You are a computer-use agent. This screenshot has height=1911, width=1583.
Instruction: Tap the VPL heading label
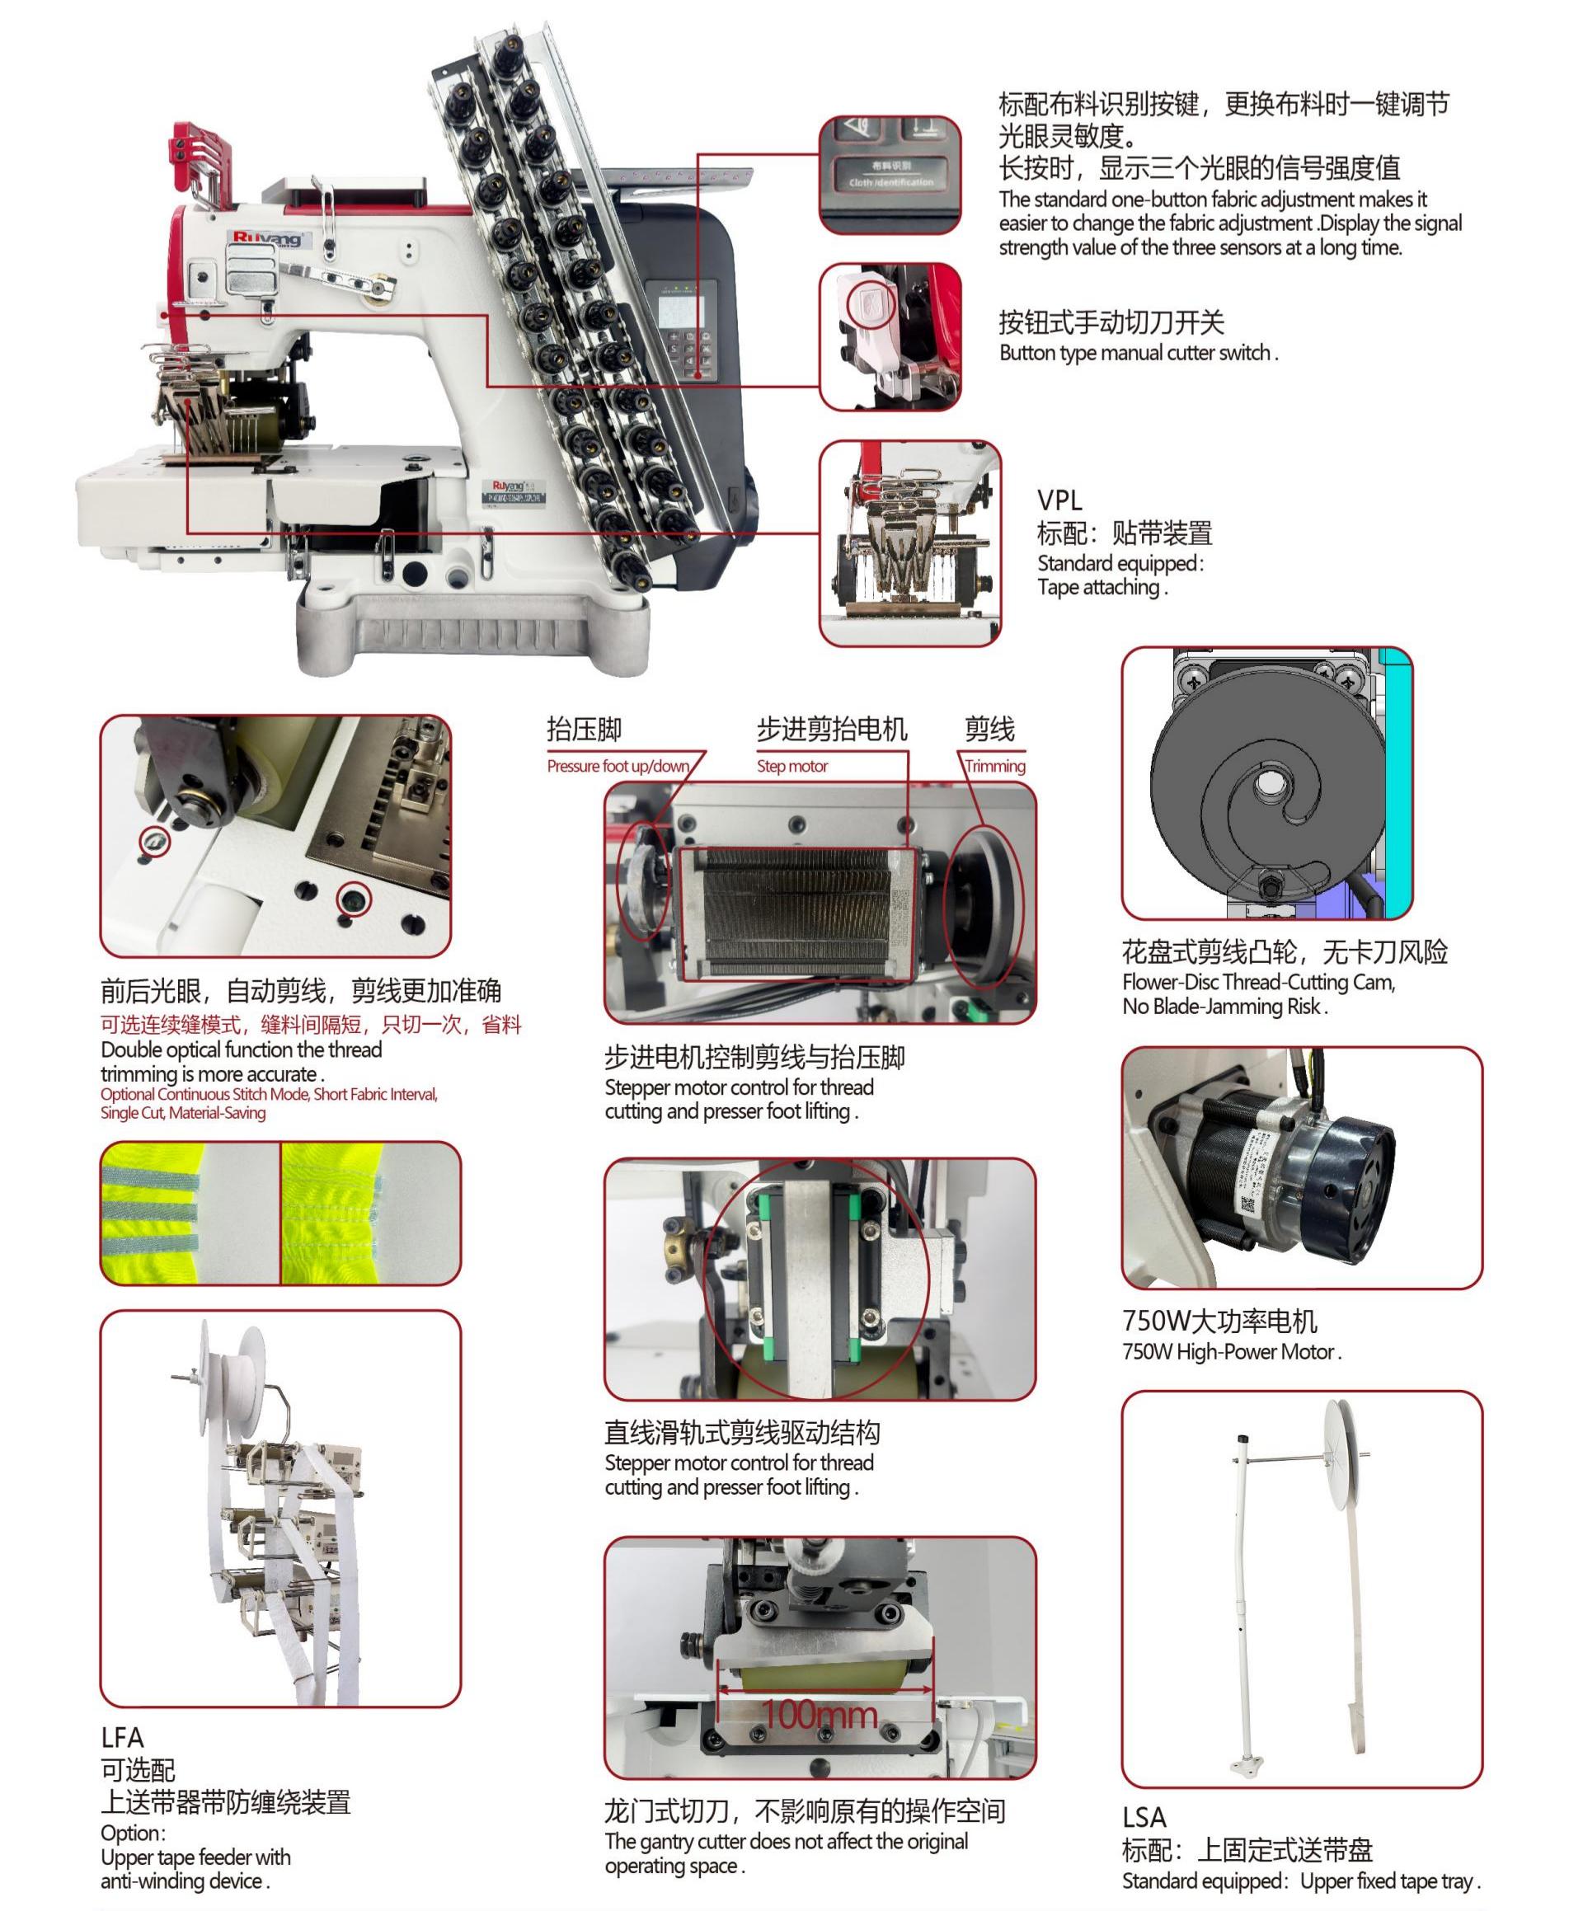pos(1059,500)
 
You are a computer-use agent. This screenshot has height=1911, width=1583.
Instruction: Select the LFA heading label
pos(122,1737)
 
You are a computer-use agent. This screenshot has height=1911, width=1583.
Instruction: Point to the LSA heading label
pos(1144,1817)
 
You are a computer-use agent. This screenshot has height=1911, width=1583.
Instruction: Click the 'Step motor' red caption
pos(792,766)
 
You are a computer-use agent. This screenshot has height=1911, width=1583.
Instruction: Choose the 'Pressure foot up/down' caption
pos(618,766)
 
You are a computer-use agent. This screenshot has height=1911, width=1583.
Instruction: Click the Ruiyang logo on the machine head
pos(268,238)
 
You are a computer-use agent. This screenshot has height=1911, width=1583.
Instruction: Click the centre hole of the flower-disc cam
pos(1266,782)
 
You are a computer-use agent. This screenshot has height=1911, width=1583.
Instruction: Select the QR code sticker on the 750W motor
pos(1249,1204)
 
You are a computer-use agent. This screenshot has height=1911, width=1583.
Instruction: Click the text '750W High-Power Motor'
pos(1231,1352)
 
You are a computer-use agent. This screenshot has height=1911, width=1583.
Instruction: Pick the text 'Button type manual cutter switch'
pos(1138,353)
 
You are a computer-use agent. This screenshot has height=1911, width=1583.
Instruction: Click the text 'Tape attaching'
pos(1102,588)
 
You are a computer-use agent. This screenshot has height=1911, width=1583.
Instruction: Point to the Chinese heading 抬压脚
pos(584,729)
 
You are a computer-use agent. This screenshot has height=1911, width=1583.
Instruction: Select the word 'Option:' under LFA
pos(133,1833)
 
